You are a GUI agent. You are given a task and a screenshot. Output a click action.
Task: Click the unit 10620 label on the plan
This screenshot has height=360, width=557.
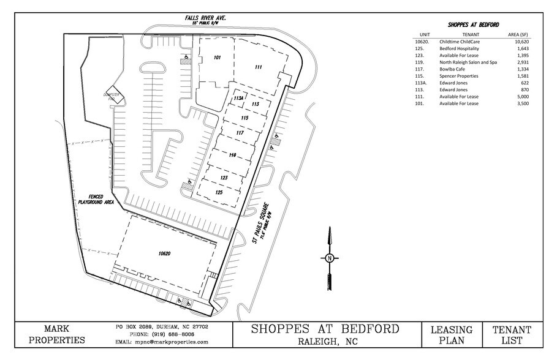162,252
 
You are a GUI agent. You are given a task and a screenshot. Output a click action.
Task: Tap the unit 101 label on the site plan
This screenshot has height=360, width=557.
217,58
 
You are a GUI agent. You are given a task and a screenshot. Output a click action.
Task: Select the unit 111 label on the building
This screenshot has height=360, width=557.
259,67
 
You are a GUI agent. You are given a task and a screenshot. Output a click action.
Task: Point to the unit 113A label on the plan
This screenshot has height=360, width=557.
239,98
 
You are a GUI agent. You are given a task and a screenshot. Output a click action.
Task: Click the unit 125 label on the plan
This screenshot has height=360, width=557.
219,192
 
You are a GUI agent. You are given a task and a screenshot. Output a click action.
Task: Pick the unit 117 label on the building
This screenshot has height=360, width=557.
240,132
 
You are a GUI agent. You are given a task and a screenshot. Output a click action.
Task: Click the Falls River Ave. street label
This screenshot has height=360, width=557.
206,18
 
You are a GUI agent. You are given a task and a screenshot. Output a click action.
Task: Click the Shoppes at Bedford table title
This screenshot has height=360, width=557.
472,24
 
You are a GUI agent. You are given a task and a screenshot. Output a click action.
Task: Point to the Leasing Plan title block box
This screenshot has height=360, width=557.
452,335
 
